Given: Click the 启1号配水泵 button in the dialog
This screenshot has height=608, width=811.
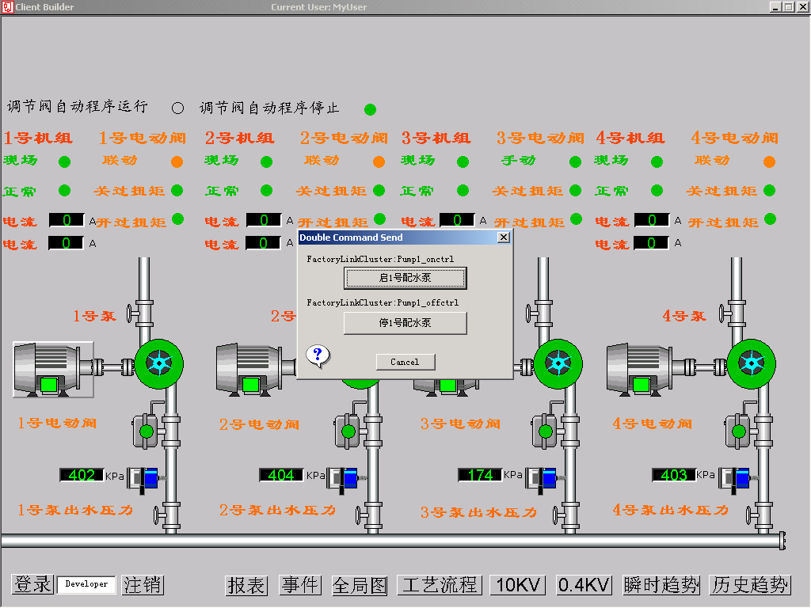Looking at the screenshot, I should (405, 278).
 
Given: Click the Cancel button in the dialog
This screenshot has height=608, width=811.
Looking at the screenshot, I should (405, 362).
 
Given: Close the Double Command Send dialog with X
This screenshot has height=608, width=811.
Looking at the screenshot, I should (503, 237).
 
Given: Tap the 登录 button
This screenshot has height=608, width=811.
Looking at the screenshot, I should (32, 585).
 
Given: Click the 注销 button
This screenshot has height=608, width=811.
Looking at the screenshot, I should (143, 585).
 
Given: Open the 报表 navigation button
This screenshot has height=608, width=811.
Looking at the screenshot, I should (246, 585).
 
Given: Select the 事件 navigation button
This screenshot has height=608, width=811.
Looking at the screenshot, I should (300, 585).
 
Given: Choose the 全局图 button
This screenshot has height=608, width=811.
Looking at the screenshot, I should (360, 585).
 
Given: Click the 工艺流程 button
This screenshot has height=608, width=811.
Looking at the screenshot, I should (440, 585).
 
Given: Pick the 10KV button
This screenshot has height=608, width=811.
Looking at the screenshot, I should (518, 585).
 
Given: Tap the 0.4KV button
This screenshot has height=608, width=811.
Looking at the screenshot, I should (584, 585).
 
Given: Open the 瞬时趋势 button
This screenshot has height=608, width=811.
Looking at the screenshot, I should (662, 585).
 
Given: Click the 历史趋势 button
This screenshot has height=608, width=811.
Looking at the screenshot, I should (750, 585).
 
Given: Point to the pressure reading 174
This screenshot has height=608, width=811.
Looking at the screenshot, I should (480, 475).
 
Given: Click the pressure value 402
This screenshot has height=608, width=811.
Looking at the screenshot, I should (82, 475).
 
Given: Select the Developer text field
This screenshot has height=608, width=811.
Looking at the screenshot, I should (86, 584).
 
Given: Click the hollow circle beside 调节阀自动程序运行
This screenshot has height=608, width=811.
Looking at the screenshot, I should (177, 108).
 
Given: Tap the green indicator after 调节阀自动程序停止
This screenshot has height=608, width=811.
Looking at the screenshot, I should (370, 109).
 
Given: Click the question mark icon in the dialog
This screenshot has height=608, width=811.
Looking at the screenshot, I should (317, 355).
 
